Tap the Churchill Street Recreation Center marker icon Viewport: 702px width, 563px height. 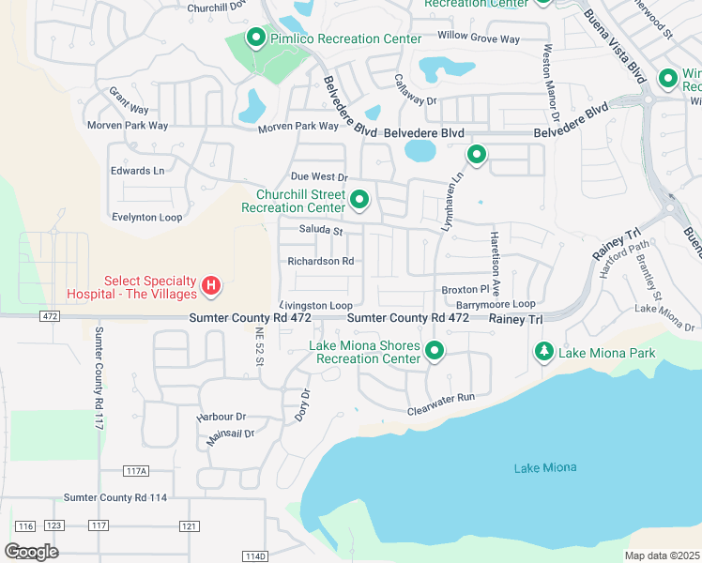[359, 200]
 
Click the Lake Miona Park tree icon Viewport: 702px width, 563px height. [543, 352]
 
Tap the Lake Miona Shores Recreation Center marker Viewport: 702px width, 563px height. [435, 352]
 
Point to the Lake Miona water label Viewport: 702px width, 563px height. [545, 467]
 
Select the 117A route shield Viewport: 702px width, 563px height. [136, 471]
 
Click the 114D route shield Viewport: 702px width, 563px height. [255, 556]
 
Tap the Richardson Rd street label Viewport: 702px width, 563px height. [320, 261]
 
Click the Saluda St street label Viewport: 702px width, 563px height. [322, 230]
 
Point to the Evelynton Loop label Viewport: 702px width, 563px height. [146, 216]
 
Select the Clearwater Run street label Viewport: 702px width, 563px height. [441, 411]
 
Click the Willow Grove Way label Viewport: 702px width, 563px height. [478, 38]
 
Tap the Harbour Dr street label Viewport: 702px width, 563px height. [221, 416]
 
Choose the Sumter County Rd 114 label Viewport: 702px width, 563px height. [114, 497]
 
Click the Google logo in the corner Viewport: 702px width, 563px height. [32, 552]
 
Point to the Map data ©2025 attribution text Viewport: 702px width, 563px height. [663, 555]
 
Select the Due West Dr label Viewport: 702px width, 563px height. [319, 176]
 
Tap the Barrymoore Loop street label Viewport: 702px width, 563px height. [496, 304]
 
